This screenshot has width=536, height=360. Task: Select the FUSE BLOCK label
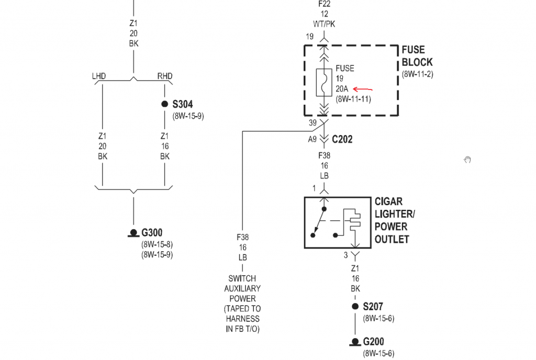(417, 56)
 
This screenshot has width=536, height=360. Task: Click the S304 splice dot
(165, 104)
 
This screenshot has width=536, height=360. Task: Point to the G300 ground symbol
(133, 234)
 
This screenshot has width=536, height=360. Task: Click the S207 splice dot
(355, 307)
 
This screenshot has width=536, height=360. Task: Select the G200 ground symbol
(355, 343)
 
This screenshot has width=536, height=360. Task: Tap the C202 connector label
(342, 140)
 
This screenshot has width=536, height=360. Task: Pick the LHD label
(99, 76)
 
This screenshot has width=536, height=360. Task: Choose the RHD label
(165, 76)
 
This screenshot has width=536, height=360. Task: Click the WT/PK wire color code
(324, 24)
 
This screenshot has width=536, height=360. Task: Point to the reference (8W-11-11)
(353, 98)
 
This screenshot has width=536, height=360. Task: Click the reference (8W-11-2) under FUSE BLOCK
(418, 74)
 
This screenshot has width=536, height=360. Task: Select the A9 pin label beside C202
(312, 139)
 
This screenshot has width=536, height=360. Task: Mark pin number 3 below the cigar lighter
(345, 255)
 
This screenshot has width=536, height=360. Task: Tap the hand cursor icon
(467, 160)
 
